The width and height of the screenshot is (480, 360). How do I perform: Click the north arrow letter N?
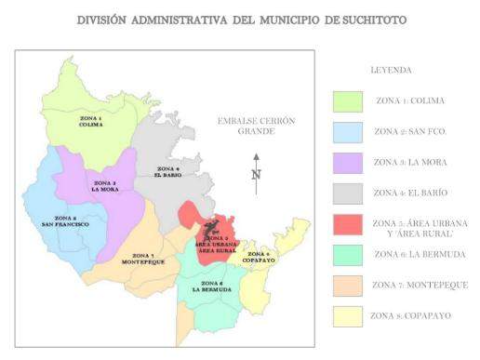pyautogui.click(x=256, y=174)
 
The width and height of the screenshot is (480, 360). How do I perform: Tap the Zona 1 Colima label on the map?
pyautogui.click(x=90, y=123)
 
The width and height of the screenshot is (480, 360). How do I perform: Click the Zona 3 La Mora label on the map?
pyautogui.click(x=103, y=185)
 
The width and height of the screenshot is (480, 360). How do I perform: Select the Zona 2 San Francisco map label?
pyautogui.click(x=64, y=222)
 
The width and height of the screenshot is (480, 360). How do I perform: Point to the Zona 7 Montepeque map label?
pyautogui.click(x=142, y=259)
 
